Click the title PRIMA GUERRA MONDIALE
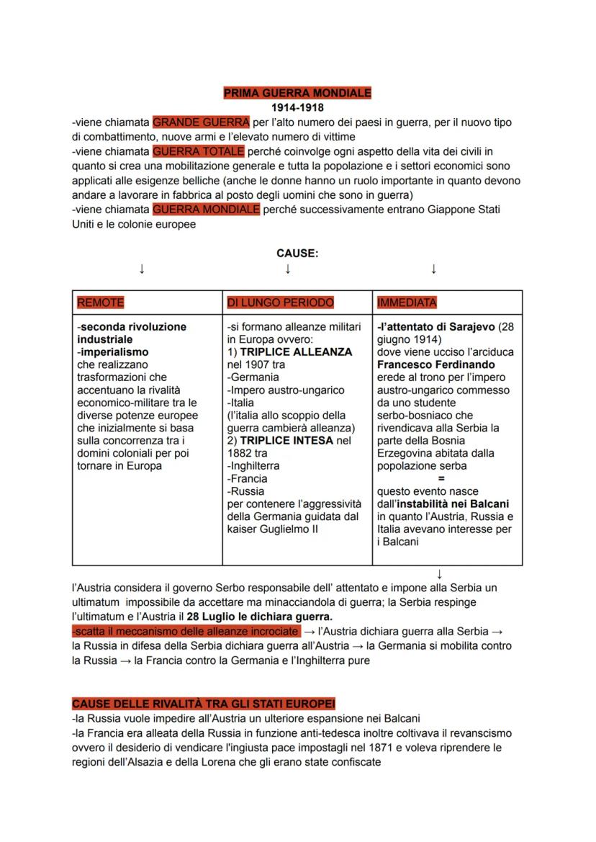click(x=297, y=93)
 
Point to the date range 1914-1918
click(x=297, y=107)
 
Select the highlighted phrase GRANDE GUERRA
click(x=201, y=122)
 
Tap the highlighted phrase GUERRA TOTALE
click(x=199, y=151)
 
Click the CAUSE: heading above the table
click(x=297, y=254)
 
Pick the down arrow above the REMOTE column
click(x=142, y=269)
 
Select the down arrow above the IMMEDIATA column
click(x=433, y=269)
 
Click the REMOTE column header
click(x=101, y=303)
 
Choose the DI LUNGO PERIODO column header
click(x=280, y=303)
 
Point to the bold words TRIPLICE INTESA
click(x=286, y=440)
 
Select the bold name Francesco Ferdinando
click(x=435, y=364)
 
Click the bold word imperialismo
click(x=113, y=352)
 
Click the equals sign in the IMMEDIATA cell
click(x=441, y=478)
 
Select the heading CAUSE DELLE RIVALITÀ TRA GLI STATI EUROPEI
click(x=204, y=703)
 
